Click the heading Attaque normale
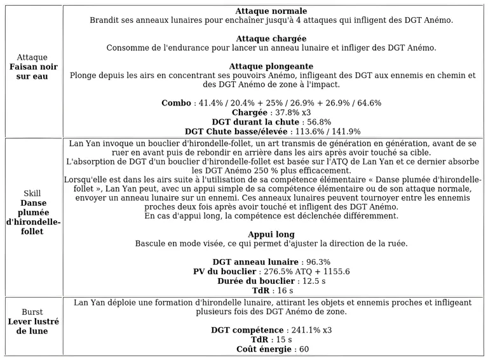coord(271,11)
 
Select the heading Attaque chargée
coord(271,39)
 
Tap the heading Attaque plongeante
coord(271,66)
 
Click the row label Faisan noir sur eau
coord(33,72)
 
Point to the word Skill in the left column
coord(32,194)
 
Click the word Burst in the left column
coord(32,312)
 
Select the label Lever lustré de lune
coord(33,326)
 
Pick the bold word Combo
coord(176,103)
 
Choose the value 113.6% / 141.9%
coord(327,131)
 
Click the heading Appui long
coord(271,234)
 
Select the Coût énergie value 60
coord(303,349)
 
